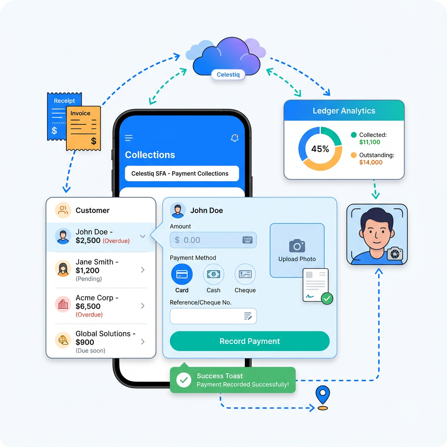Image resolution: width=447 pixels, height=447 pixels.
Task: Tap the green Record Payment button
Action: click(x=249, y=341)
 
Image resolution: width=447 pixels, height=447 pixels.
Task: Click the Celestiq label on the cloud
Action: click(x=228, y=75)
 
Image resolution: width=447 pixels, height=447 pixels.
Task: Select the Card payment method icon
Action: click(x=182, y=274)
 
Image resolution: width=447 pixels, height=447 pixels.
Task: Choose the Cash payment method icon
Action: click(x=213, y=274)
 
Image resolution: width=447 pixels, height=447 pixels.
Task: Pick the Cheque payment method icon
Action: click(x=245, y=274)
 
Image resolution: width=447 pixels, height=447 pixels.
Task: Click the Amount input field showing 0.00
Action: click(x=213, y=240)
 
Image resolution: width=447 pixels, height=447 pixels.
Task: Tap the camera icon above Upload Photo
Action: click(x=297, y=246)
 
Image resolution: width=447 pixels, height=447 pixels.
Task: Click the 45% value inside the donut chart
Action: click(x=320, y=149)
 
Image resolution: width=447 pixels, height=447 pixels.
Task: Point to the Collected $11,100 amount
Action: click(x=370, y=142)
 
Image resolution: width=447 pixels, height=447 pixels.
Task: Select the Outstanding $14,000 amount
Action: click(x=371, y=162)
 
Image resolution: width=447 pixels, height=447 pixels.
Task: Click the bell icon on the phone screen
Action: click(x=234, y=138)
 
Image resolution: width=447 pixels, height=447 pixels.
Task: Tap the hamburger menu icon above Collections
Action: click(x=129, y=138)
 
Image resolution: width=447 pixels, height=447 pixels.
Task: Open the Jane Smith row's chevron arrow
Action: click(x=143, y=270)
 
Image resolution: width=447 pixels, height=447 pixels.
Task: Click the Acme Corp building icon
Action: click(x=63, y=305)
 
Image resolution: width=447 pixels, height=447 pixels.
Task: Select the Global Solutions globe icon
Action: click(x=63, y=340)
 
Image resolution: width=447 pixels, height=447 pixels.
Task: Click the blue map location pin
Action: click(x=323, y=395)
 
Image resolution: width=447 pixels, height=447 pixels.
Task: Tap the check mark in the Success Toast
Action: click(x=184, y=380)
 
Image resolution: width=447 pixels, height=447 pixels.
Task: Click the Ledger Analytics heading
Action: click(x=344, y=111)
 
